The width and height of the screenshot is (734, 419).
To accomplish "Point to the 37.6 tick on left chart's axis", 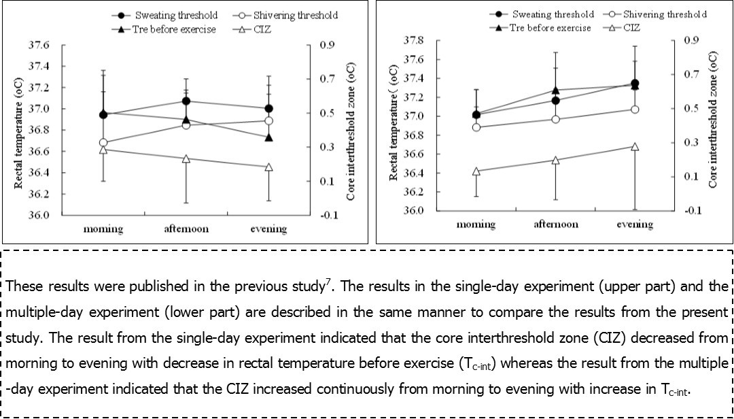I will tap(38, 46).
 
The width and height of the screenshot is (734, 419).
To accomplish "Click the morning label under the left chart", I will tap(103, 229).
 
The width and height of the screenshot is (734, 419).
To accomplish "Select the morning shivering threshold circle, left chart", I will tap(103, 143).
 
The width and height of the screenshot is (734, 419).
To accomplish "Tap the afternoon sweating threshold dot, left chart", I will tap(186, 101).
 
